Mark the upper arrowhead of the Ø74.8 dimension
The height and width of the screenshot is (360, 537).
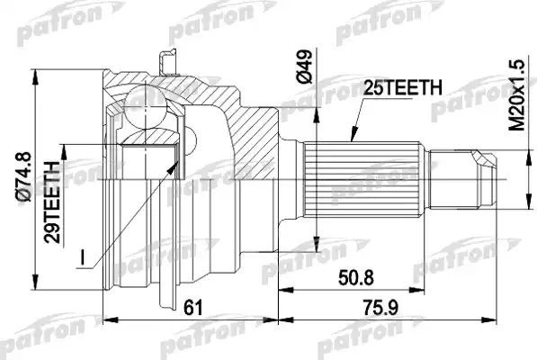pos(35,71)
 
